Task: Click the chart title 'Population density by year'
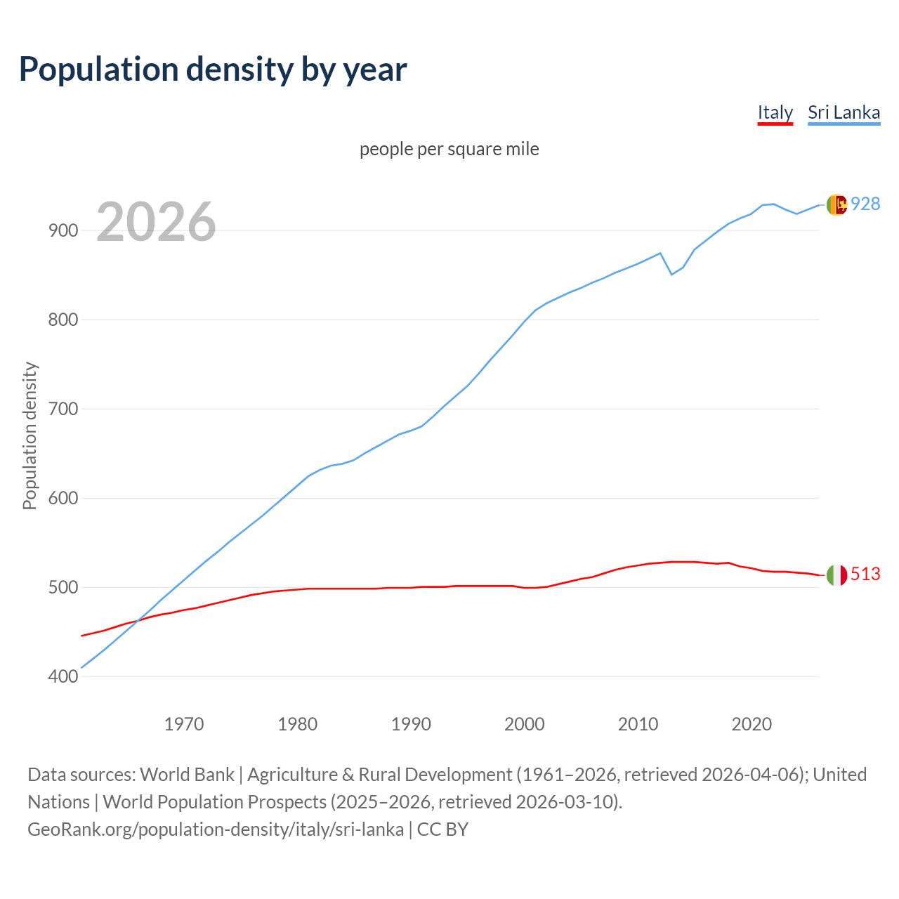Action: [x=213, y=69]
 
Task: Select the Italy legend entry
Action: [x=775, y=112]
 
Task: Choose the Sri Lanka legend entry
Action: [x=844, y=112]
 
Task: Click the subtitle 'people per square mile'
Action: [x=449, y=149]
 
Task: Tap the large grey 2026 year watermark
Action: [x=156, y=222]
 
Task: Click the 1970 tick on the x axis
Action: [x=184, y=723]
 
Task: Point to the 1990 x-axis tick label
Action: [x=411, y=723]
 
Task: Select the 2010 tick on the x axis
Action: [x=638, y=723]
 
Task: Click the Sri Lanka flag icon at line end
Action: [x=836, y=204]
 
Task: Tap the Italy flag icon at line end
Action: [x=836, y=575]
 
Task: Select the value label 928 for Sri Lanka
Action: [x=865, y=204]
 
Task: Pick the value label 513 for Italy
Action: [x=865, y=574]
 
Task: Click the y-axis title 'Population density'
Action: [x=29, y=435]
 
